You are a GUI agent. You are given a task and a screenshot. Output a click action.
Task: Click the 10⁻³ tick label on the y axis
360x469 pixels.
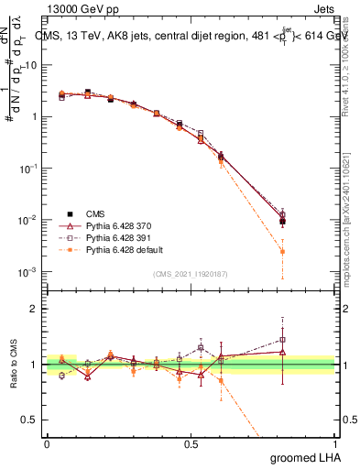(29, 272)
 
